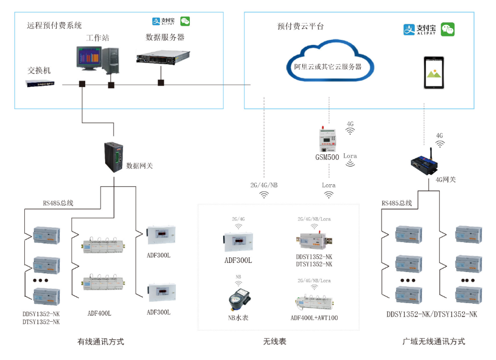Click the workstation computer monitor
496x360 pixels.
[x=88, y=59]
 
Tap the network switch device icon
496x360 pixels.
[x=40, y=84]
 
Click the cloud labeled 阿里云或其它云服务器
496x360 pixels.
[x=327, y=62]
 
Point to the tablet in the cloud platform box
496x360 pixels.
[x=433, y=73]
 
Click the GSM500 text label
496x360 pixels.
[x=327, y=157]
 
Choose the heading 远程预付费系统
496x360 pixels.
[x=54, y=25]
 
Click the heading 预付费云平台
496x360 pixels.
[x=300, y=26]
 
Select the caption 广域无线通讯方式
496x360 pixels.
[x=433, y=342]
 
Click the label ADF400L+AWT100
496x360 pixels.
[x=314, y=318]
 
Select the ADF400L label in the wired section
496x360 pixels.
[x=99, y=313]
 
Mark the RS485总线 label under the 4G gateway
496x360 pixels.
[x=396, y=203]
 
